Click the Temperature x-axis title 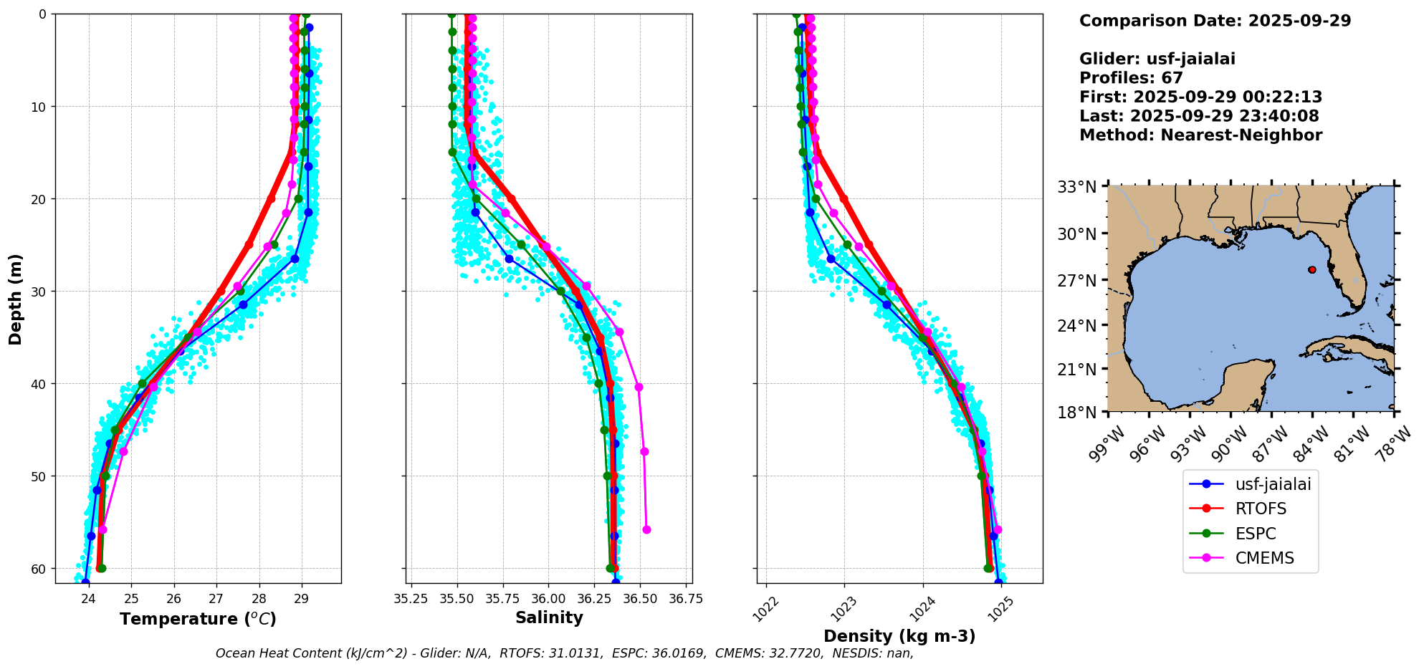pyautogui.click(x=198, y=619)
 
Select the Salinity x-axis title pyautogui.click(x=549, y=617)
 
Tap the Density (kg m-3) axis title pyautogui.click(x=899, y=636)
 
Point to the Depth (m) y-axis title pyautogui.click(x=15, y=299)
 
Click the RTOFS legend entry pyautogui.click(x=1261, y=509)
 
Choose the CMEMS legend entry pyautogui.click(x=1264, y=558)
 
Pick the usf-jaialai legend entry pyautogui.click(x=1273, y=484)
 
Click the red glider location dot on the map pyautogui.click(x=1311, y=270)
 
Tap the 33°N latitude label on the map pyautogui.click(x=1077, y=187)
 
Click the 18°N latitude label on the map pyautogui.click(x=1077, y=413)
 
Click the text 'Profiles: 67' pyautogui.click(x=1131, y=78)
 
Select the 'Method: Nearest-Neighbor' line pyautogui.click(x=1200, y=135)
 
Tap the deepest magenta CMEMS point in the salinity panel pyautogui.click(x=646, y=529)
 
